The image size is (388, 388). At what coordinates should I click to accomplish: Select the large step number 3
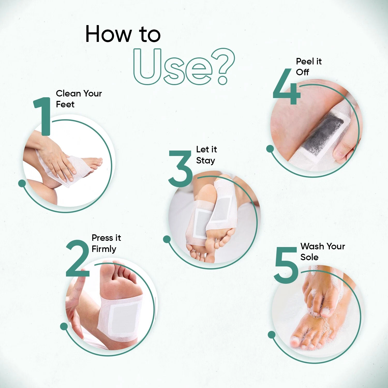click(x=181, y=168)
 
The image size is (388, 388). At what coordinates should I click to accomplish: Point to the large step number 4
click(x=287, y=86)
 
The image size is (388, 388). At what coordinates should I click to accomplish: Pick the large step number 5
click(x=286, y=265)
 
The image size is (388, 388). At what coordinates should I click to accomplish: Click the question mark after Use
click(x=223, y=66)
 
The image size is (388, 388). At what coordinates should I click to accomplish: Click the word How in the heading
click(x=108, y=34)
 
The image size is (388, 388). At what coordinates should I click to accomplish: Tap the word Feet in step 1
click(x=65, y=104)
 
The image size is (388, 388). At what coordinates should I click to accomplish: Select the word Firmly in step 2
click(x=104, y=249)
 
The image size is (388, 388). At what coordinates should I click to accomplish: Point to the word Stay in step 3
click(x=206, y=161)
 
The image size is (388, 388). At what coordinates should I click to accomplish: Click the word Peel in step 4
click(x=305, y=61)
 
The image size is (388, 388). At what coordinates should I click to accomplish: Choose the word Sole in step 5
click(x=309, y=257)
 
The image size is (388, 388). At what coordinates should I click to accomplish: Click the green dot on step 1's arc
click(x=22, y=183)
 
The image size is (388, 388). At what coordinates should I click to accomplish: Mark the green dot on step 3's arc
click(x=167, y=239)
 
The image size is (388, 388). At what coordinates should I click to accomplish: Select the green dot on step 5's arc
click(x=272, y=335)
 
